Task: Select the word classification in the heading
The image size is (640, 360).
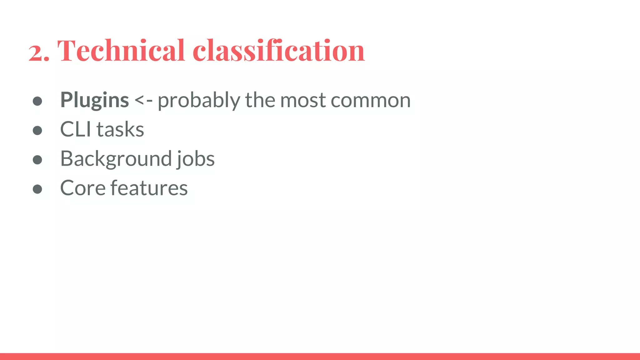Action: tap(278, 50)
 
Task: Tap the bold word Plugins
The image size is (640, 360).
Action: tap(94, 100)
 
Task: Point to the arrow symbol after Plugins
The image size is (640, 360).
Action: tap(143, 100)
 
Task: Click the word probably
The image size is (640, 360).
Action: tap(199, 101)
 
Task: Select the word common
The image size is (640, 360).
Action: tap(371, 101)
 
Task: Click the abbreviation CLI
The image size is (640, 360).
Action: tap(76, 129)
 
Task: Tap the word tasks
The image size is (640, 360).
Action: tap(120, 129)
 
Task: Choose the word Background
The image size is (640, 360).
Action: tap(116, 159)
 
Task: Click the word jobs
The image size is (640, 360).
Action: tap(196, 159)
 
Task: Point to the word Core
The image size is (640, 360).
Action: tap(83, 188)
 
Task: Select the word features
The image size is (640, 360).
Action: tap(149, 188)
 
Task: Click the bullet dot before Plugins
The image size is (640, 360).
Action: tap(37, 101)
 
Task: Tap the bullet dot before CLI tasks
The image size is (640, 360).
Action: tap(37, 130)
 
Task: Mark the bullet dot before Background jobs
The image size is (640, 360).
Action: tap(37, 160)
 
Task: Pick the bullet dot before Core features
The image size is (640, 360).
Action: tap(37, 189)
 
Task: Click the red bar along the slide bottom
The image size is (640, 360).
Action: tap(320, 357)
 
